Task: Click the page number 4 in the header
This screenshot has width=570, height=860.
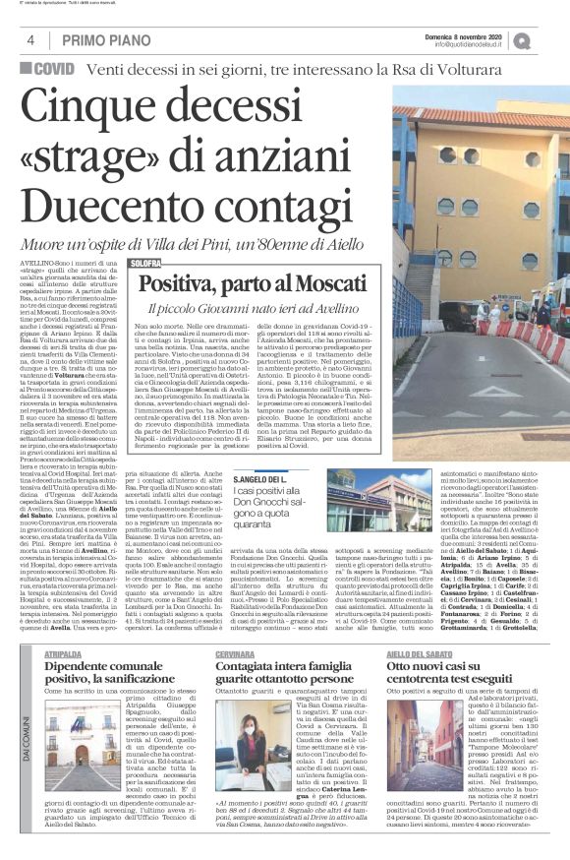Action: click(x=31, y=39)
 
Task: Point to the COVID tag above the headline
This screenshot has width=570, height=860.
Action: click(x=48, y=70)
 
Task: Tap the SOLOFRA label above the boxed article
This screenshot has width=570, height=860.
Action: click(x=144, y=264)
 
